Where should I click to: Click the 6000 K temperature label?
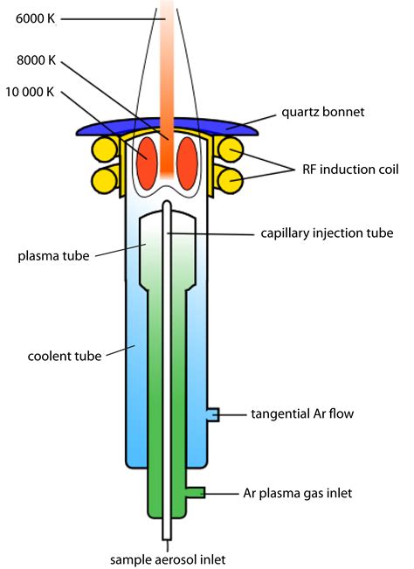pyautogui.click(x=35, y=18)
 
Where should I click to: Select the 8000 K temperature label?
pyautogui.click(x=37, y=60)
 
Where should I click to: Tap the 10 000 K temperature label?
pyautogui.click(x=30, y=92)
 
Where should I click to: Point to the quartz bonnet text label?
pyautogui.click(x=323, y=112)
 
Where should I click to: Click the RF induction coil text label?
pyautogui.click(x=350, y=170)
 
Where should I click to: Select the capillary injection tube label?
pyautogui.click(x=327, y=233)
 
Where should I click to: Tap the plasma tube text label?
pyautogui.click(x=53, y=256)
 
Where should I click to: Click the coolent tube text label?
pyautogui.click(x=65, y=356)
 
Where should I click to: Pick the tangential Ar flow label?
pyautogui.click(x=302, y=413)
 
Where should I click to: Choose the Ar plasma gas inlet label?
pyautogui.click(x=298, y=493)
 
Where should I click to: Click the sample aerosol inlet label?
pyautogui.click(x=168, y=559)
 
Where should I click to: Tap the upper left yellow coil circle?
pyautogui.click(x=104, y=149)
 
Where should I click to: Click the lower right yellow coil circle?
pyautogui.click(x=230, y=180)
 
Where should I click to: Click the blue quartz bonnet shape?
pyautogui.click(x=167, y=125)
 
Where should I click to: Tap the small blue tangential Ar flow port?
pyautogui.click(x=213, y=415)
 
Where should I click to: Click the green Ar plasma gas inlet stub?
pyautogui.click(x=196, y=492)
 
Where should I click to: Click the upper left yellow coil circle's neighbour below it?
pyautogui.click(x=104, y=180)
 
